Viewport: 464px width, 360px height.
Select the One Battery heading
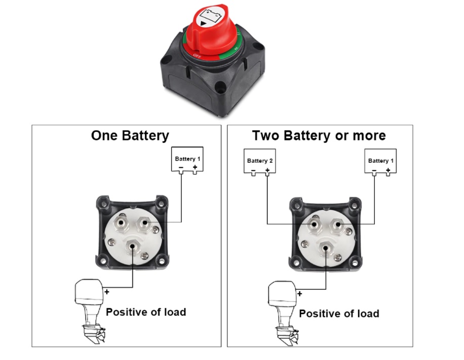(130, 135)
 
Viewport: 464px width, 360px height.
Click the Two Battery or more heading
(319, 135)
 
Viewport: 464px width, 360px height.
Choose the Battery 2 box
(260, 162)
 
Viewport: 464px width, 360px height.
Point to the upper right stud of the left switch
(144, 222)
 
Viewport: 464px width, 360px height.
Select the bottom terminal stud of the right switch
(326, 247)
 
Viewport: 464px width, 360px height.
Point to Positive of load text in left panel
(145, 312)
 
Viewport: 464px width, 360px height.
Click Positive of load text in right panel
(339, 313)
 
